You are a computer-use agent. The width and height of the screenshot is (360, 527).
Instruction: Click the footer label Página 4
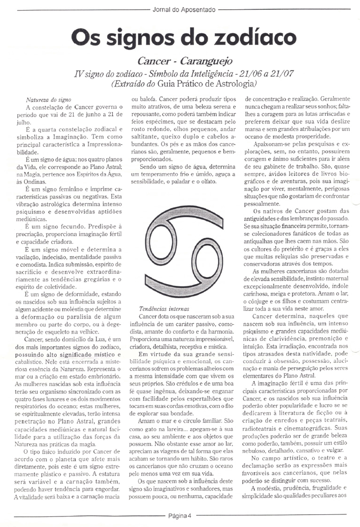tap(180, 515)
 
